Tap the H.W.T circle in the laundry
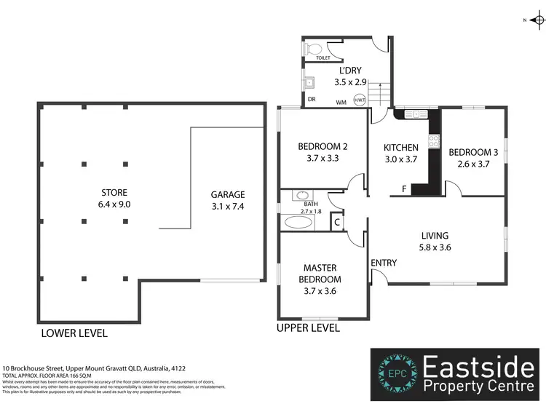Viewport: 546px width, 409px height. [x=359, y=101]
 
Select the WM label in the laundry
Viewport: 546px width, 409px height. [x=341, y=103]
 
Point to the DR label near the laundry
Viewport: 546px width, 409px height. [x=312, y=99]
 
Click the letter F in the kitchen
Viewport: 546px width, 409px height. [x=403, y=189]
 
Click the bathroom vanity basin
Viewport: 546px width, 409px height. [x=301, y=195]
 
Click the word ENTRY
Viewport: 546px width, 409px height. [x=384, y=263]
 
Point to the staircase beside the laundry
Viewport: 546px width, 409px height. [x=379, y=92]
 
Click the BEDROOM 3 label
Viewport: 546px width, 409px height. [x=473, y=152]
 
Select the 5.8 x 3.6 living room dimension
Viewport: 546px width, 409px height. [x=435, y=247]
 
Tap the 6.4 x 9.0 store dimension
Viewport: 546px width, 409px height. [x=115, y=204]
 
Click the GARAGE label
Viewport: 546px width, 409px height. [x=228, y=194]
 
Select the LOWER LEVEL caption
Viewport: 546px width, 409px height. [x=74, y=333]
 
